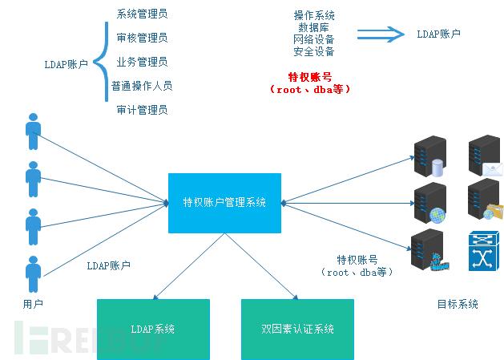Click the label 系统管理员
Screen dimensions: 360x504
coord(142,14)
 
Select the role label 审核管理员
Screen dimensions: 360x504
coord(142,38)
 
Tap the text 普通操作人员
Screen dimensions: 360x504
coord(142,86)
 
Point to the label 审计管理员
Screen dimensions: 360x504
coord(142,110)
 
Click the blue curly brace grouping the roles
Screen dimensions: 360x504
coord(101,62)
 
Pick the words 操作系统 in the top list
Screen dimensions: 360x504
coord(314,15)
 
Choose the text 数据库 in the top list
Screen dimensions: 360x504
coord(314,27)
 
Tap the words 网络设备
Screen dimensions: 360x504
coord(314,39)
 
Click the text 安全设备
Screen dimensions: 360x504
coord(314,51)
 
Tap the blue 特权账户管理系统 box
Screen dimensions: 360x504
coord(224,203)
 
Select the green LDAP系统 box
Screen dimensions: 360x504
coord(153,329)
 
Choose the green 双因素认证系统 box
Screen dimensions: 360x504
coord(297,329)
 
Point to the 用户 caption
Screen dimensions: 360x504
coord(33,304)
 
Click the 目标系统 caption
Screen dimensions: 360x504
coord(458,304)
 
